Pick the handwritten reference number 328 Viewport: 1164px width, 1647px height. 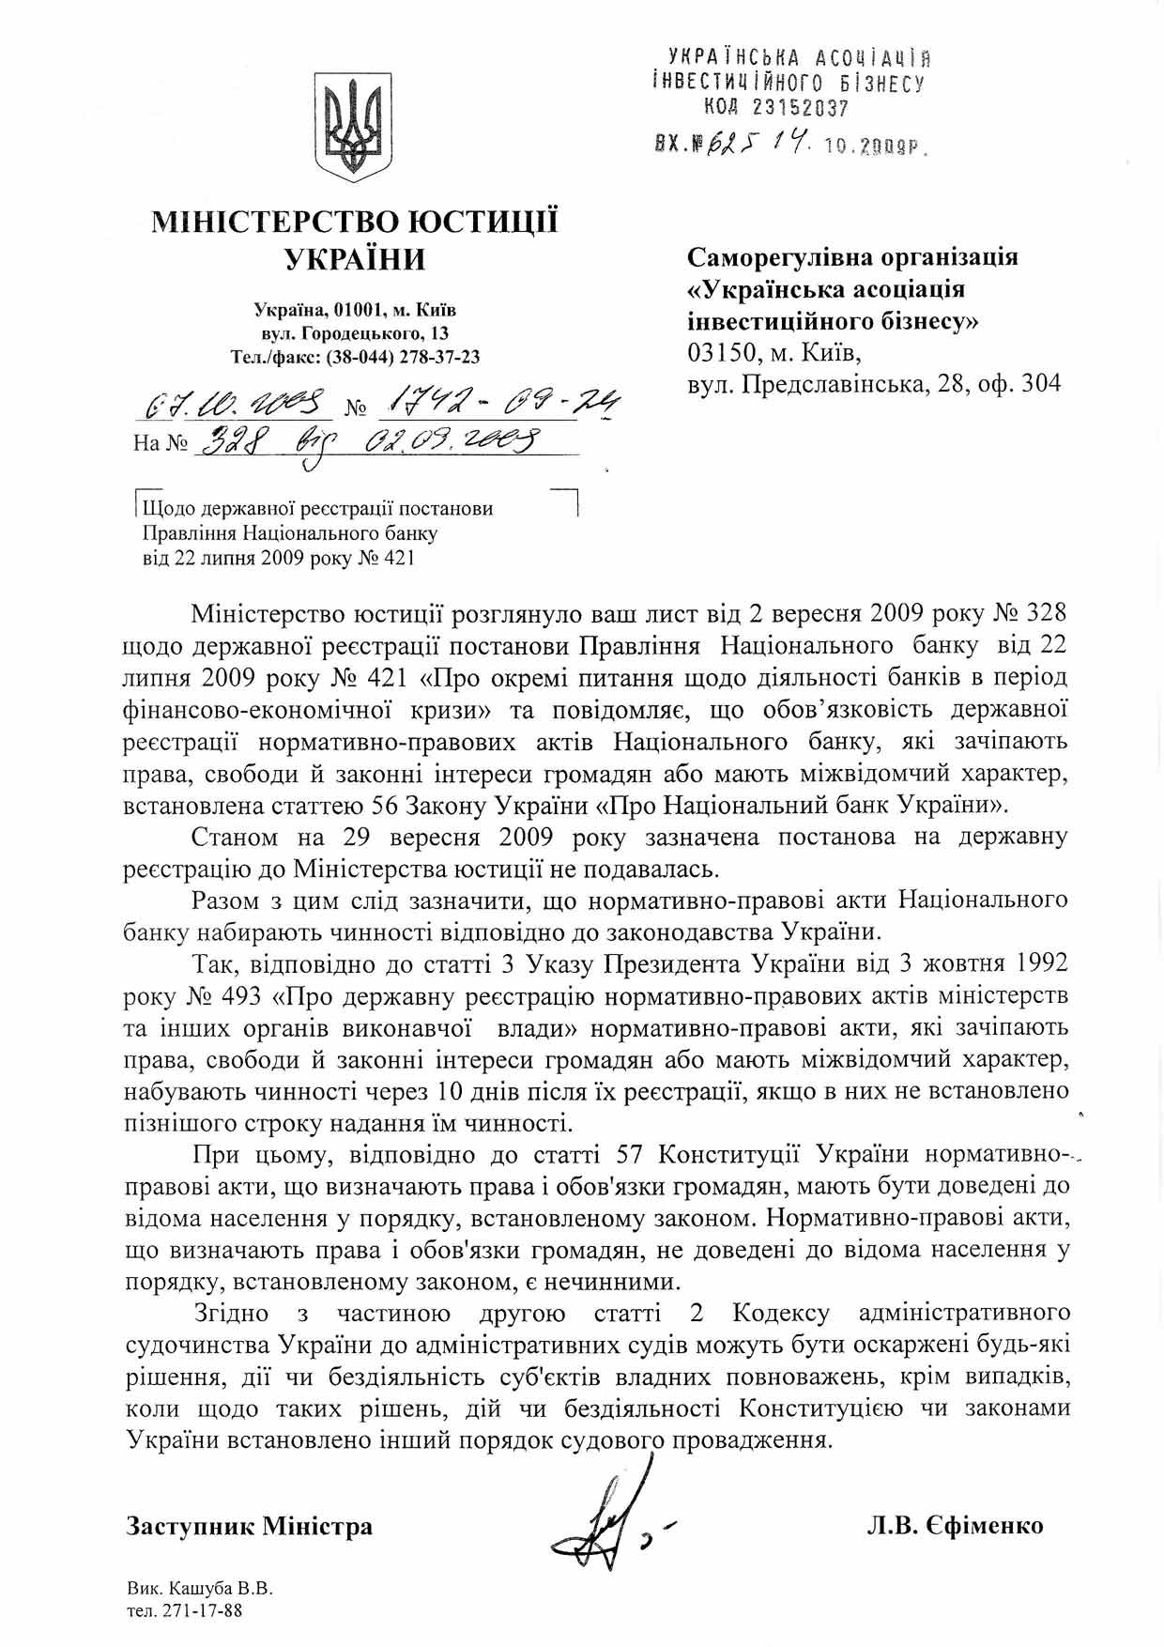coord(229,438)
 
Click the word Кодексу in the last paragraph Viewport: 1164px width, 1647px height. coord(782,1312)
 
